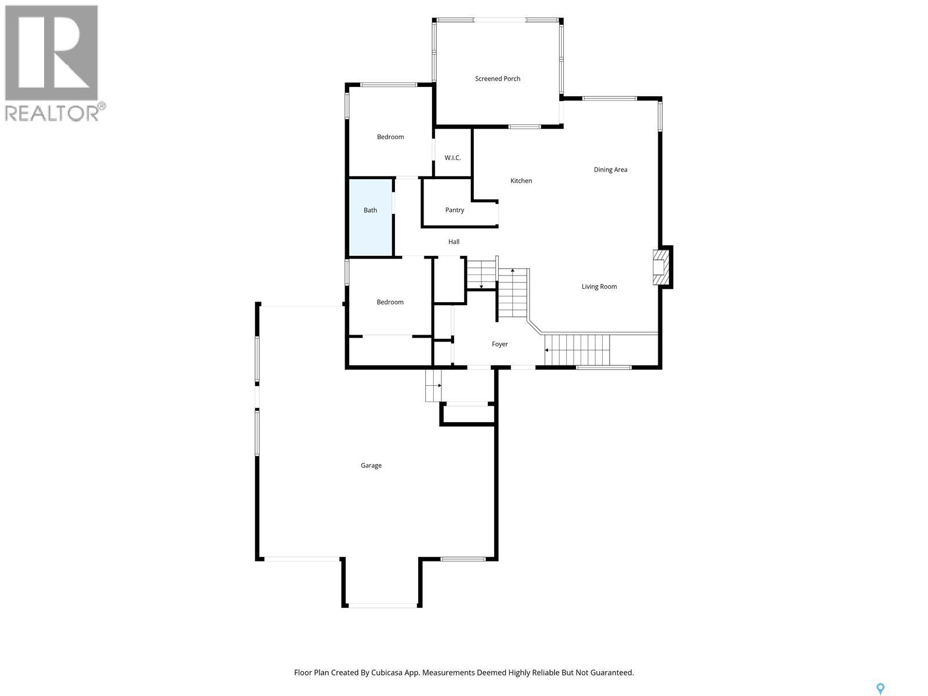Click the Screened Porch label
(497, 79)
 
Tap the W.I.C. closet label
(452, 158)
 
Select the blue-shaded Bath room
(371, 217)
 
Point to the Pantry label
(455, 210)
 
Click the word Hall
(454, 242)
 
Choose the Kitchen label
(521, 181)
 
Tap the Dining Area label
(610, 170)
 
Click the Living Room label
(599, 287)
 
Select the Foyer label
(499, 345)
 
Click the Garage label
(371, 466)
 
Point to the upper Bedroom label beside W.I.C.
(390, 137)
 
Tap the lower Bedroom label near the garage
(390, 302)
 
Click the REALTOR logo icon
(52, 53)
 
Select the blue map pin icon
(880, 688)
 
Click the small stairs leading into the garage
(433, 385)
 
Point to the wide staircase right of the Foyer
(578, 349)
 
